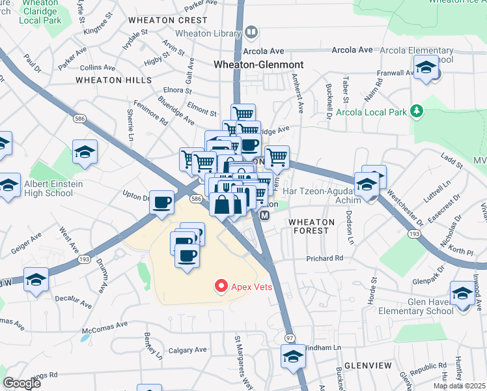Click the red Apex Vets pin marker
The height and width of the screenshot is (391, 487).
point(221,285)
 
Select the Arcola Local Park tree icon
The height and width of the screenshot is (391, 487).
point(417,111)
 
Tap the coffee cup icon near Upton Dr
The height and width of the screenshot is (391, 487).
point(161,201)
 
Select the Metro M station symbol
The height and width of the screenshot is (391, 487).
point(264,215)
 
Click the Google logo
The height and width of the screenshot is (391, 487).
point(22,383)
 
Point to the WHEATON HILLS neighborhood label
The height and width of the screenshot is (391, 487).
point(113,80)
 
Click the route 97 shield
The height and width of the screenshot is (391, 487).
point(289,338)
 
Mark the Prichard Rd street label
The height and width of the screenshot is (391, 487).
point(325,259)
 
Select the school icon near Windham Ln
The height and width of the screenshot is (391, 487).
point(292,356)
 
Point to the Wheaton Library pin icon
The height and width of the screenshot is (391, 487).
point(251,32)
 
